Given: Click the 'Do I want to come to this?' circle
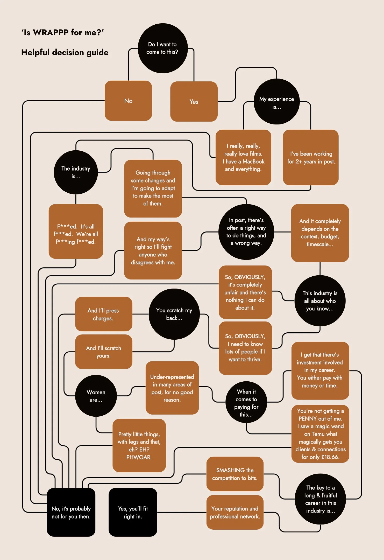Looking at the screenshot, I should tap(162, 48).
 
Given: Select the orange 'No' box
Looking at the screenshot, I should tap(128, 101).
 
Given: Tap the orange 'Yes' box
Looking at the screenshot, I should tap(194, 102).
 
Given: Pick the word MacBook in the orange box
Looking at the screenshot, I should tap(253, 162).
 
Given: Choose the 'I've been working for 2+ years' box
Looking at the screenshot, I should tap(311, 157).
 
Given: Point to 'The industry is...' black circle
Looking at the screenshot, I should tap(76, 172).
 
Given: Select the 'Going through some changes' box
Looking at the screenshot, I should tap(153, 188).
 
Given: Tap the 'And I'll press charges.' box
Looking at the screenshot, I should tap(103, 314).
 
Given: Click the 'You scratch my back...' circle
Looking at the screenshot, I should tap(174, 314).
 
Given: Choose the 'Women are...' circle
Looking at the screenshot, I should tap(96, 396).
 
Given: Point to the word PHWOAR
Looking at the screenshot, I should tap(139, 457).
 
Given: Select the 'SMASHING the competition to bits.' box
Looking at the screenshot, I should tap(235, 474).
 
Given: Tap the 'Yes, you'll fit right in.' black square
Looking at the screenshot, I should tap(133, 512).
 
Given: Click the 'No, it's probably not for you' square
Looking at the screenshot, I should tap(71, 512).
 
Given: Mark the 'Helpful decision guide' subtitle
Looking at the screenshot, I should tap(65, 52).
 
